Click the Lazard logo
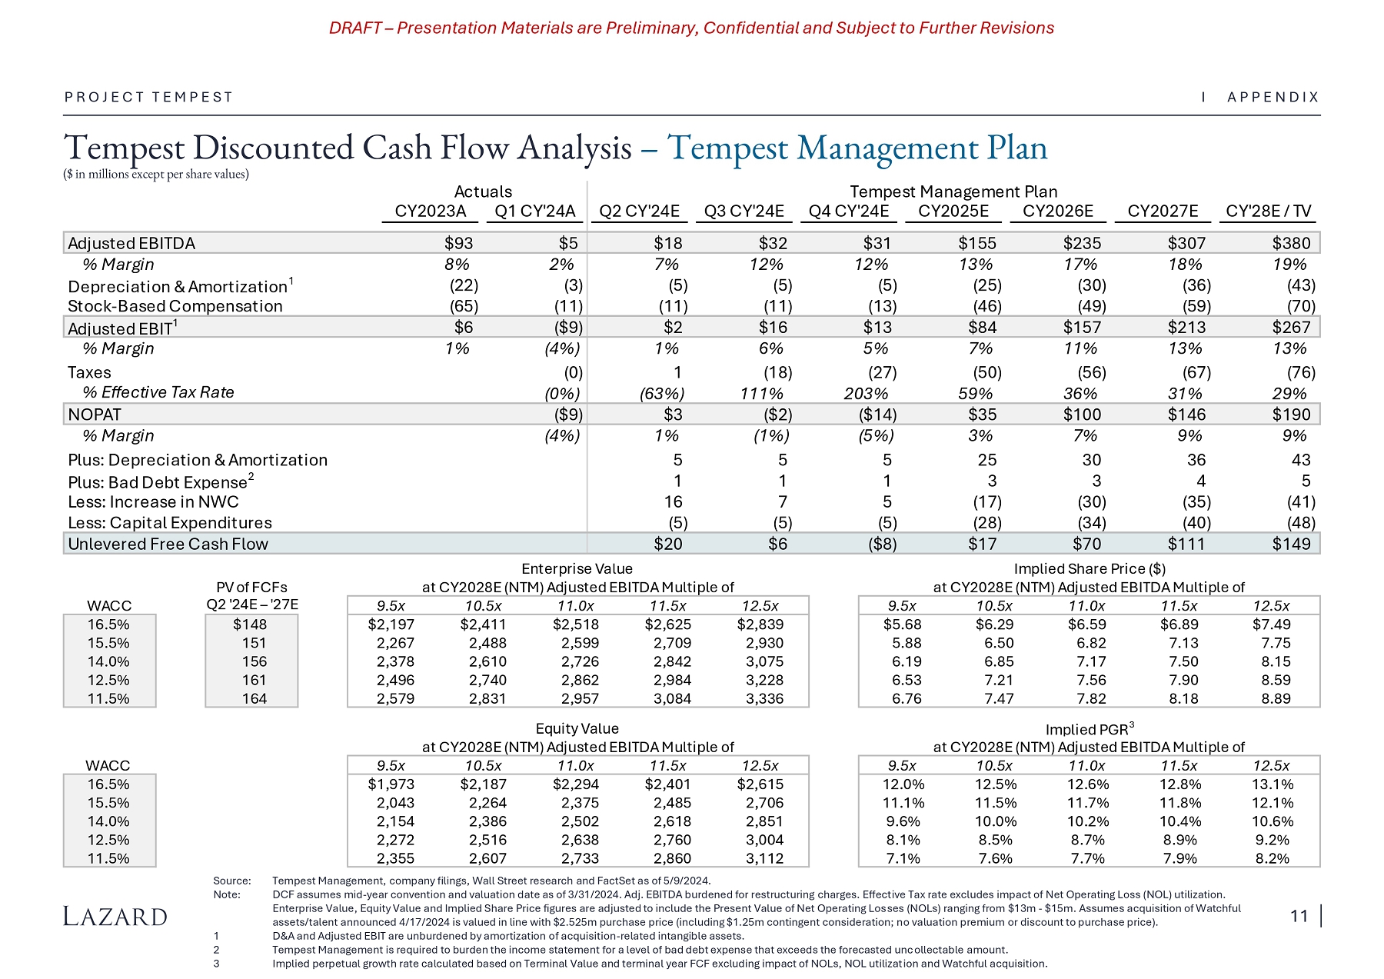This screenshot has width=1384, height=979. point(115,916)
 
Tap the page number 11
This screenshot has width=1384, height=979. point(1299,916)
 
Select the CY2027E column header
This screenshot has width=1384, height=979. point(1163,211)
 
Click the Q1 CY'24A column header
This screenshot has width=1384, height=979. point(535,211)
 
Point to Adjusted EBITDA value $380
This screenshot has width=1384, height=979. point(1291,243)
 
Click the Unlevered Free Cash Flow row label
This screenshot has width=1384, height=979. point(168,544)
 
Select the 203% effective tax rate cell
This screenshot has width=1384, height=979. point(866,393)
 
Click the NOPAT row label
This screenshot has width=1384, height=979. point(95,415)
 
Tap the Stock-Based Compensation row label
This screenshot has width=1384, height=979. point(175,306)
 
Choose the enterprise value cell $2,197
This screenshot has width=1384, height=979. point(391,624)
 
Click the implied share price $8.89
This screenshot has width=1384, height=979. point(1276,698)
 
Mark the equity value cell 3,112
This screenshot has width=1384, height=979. point(764,858)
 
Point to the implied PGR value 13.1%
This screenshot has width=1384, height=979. point(1273,784)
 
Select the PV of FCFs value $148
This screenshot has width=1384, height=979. point(251,624)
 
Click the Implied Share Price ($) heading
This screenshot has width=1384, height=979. point(1089,569)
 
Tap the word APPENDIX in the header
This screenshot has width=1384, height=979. point(1273,97)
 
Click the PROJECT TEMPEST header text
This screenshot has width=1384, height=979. point(148,97)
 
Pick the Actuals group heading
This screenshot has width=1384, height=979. point(483,191)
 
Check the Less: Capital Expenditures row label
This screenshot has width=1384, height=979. point(170,523)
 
